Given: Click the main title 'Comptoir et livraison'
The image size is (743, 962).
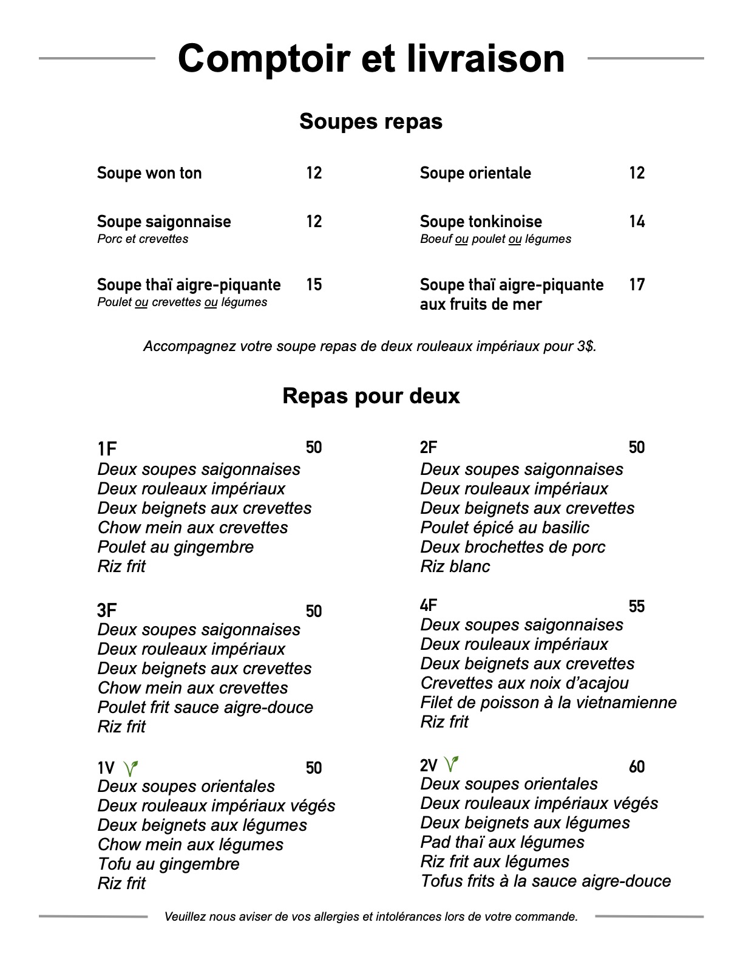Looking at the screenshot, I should click(x=371, y=58).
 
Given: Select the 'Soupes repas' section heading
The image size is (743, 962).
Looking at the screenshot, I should click(x=371, y=121).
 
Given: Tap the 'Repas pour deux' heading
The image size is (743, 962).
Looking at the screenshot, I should click(x=371, y=396).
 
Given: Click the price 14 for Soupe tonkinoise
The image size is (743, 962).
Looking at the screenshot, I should click(x=637, y=222).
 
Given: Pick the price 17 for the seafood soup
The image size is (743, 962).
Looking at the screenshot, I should click(x=637, y=285).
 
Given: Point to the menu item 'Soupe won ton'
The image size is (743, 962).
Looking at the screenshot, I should click(x=149, y=173).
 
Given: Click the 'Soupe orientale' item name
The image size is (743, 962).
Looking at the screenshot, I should click(x=475, y=173).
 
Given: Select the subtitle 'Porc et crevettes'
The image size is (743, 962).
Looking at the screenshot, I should click(x=143, y=239).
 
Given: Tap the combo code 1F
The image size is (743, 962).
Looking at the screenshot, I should click(x=107, y=449).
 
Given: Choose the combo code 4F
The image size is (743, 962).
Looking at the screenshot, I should click(x=429, y=606).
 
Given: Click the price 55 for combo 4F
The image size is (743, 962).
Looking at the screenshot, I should click(x=637, y=607).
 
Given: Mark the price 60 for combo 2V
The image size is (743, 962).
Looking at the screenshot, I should click(x=637, y=767).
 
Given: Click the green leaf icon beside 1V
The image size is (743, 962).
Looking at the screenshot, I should click(x=131, y=768).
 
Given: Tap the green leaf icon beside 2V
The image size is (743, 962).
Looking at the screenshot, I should click(x=451, y=763).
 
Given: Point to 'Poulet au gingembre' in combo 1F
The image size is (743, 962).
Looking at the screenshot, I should click(x=175, y=547).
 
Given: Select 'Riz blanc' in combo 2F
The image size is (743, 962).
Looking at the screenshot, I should click(x=455, y=567).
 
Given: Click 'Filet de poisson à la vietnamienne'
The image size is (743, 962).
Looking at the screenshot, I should click(x=548, y=703).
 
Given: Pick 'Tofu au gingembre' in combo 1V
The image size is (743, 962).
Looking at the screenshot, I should click(x=168, y=864).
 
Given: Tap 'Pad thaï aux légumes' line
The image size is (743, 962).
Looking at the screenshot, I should click(x=502, y=842).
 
